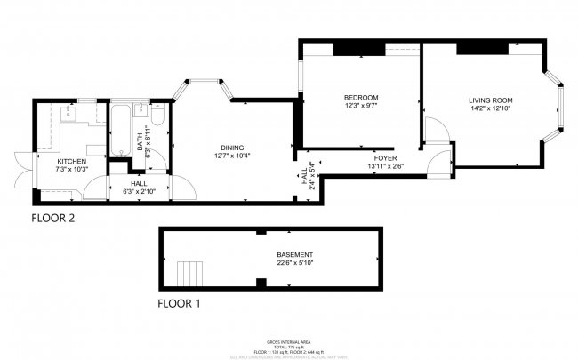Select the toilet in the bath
coord(157,117)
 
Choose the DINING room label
coord(232,148)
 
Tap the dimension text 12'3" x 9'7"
coord(361,106)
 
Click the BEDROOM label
coord(361,97)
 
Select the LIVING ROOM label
coord(491,100)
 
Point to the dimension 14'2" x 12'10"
coord(491,108)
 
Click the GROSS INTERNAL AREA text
coord(288,341)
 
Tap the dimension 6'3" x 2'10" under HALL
coord(139,190)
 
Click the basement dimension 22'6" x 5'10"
coord(294,262)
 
